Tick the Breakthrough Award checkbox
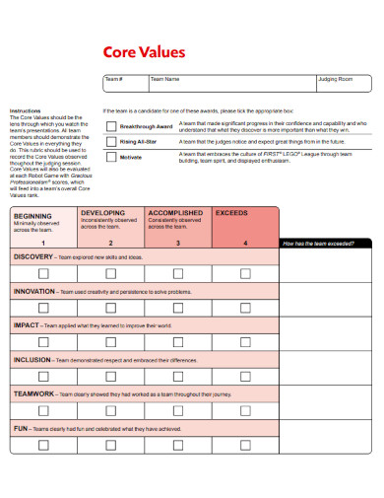click(109, 126)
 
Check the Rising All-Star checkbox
click(109, 142)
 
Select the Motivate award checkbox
click(109, 157)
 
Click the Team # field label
click(114, 78)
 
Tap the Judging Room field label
click(332, 78)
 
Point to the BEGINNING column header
click(34, 215)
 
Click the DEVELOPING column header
click(102, 212)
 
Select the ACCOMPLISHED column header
click(175, 212)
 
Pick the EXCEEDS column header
click(232, 212)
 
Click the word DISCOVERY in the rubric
click(34, 256)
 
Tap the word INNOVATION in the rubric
click(34, 291)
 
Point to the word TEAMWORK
click(33, 393)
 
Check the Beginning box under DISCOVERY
click(43, 273)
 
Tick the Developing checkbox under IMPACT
click(110, 342)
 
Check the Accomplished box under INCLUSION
click(178, 377)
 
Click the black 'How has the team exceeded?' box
click(326, 243)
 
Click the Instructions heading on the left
click(26, 110)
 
